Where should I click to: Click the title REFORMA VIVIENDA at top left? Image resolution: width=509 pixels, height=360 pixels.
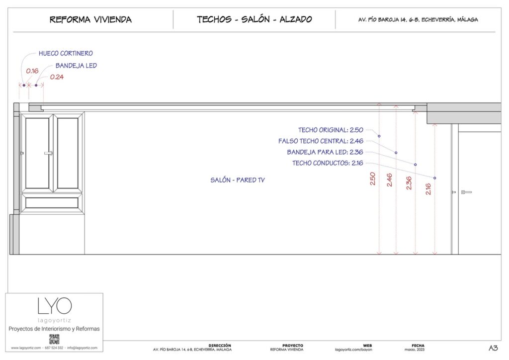click(90, 20)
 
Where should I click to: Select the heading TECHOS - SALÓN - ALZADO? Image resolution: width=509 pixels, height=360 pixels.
click(254, 20)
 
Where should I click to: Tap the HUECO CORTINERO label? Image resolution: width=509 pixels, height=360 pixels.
click(66, 53)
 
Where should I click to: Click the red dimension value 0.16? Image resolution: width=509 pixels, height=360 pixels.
click(32, 71)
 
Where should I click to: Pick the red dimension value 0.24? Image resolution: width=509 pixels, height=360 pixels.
click(57, 77)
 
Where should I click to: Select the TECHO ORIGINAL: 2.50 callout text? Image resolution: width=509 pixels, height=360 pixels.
click(334, 130)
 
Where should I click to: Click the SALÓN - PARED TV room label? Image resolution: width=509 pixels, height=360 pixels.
click(238, 180)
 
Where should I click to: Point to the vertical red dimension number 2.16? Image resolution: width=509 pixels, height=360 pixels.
click(428, 188)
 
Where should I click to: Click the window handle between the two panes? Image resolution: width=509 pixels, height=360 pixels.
click(48, 153)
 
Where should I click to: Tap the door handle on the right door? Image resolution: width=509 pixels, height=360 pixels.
click(466, 192)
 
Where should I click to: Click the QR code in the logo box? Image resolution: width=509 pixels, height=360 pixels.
click(54, 339)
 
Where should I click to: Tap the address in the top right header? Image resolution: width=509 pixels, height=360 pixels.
click(418, 20)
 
